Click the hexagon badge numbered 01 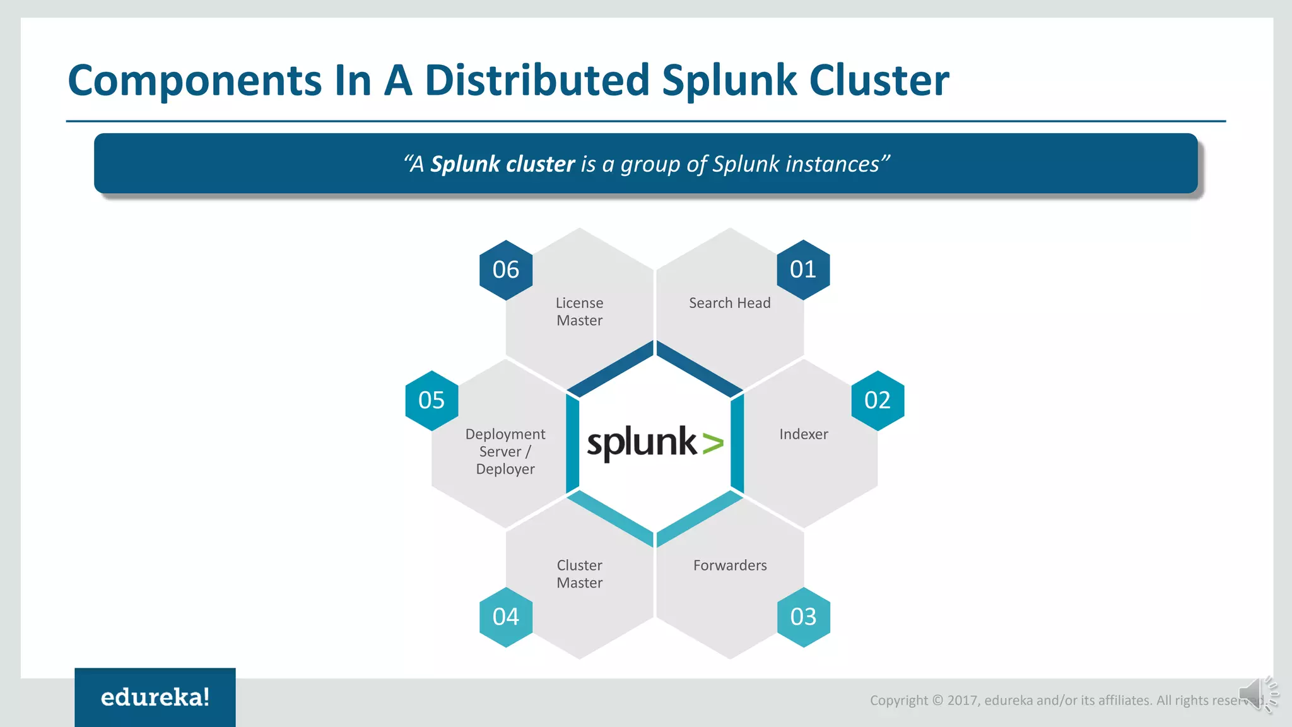pos(803,270)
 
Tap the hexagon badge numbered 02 pos(878,401)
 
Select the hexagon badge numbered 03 pos(803,617)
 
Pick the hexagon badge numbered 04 pos(506,617)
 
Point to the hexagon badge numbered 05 pos(432,401)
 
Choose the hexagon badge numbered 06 pos(506,270)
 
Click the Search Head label pos(729,304)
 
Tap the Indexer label pos(803,434)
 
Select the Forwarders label pos(730,565)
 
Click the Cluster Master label pos(579,574)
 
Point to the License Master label pos(579,312)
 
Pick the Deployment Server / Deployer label pos(505,452)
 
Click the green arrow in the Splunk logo pos(713,444)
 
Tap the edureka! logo pos(155,697)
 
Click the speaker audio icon pos(1257,695)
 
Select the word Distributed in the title pos(537,80)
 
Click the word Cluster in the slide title pos(879,80)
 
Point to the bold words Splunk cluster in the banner pos(502,164)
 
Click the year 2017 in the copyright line pos(962,700)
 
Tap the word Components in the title pos(194,81)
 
